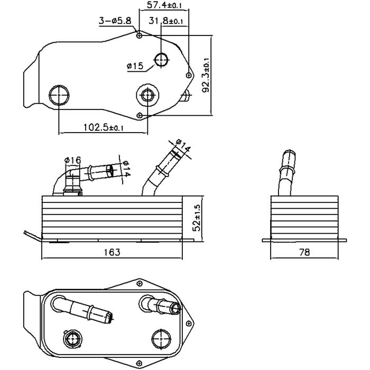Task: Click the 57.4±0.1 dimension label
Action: (x=164, y=5)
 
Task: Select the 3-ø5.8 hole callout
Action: (x=115, y=21)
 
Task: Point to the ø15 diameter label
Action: (x=135, y=66)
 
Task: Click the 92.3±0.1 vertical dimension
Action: (x=206, y=75)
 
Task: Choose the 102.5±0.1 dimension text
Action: (x=104, y=128)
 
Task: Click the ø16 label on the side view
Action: (x=72, y=161)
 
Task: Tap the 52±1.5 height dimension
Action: (x=197, y=218)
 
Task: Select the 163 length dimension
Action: (x=112, y=252)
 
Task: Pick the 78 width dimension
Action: (x=304, y=252)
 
